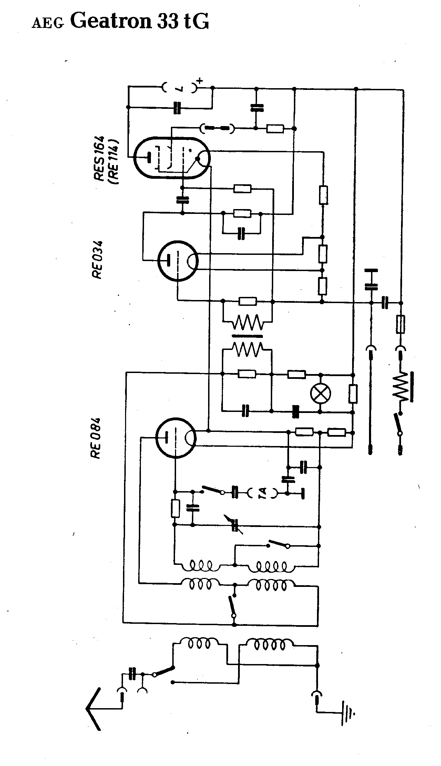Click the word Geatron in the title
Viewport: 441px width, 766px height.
111,22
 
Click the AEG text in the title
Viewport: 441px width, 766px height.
48,23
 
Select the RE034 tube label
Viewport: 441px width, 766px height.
97,260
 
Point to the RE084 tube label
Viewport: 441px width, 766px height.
96,438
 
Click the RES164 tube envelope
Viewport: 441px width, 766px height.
172,158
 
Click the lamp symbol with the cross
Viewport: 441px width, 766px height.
320,393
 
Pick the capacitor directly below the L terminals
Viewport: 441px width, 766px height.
177,107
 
